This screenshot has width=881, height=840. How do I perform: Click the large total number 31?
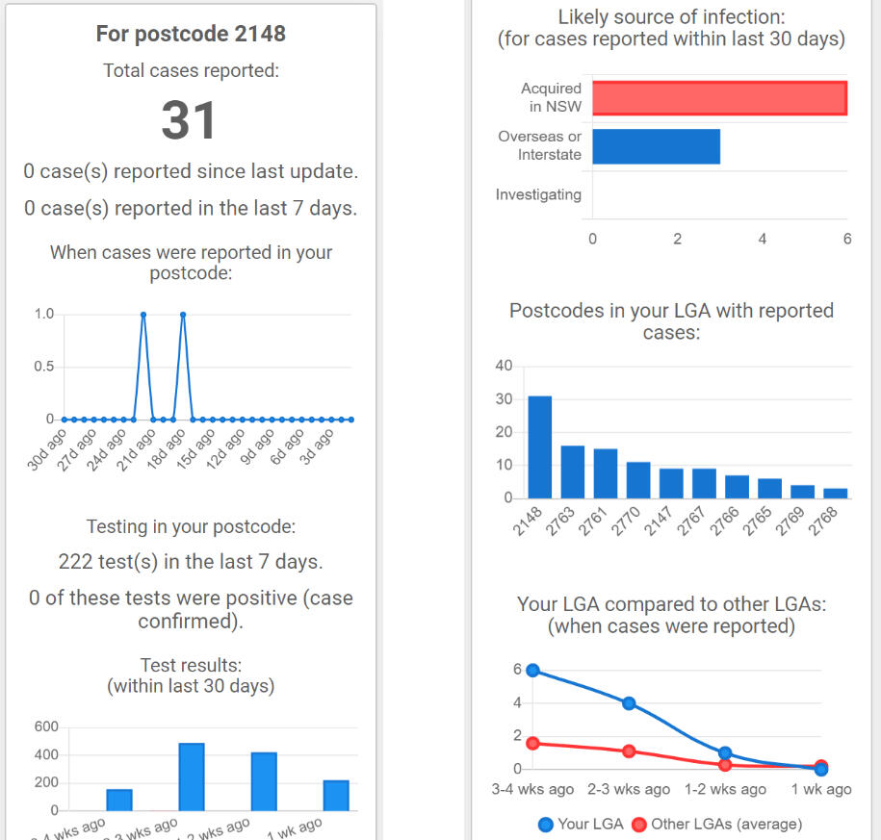pyautogui.click(x=190, y=121)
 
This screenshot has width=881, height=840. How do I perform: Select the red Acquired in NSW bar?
pyautogui.click(x=719, y=98)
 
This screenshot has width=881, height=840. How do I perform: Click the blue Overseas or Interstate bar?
pyautogui.click(x=656, y=146)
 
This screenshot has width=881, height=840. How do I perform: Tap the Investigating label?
pyautogui.click(x=538, y=194)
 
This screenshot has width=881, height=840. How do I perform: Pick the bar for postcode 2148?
pyautogui.click(x=540, y=447)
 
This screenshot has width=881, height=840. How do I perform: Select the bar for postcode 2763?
pyautogui.click(x=573, y=471)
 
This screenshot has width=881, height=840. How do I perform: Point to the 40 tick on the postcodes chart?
pyautogui.click(x=503, y=366)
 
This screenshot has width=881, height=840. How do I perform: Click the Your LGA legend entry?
pyautogui.click(x=576, y=824)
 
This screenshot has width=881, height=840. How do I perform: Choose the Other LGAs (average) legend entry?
pyautogui.click(x=716, y=824)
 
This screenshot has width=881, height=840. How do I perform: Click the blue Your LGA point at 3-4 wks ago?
pyautogui.click(x=532, y=671)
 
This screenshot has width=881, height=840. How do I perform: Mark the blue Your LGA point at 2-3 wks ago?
pyautogui.click(x=629, y=703)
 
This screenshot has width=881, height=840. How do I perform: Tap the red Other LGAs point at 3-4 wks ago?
pyautogui.click(x=532, y=743)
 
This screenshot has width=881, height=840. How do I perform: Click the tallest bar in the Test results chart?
pyautogui.click(x=192, y=776)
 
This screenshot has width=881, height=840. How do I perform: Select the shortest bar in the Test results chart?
pyautogui.click(x=119, y=800)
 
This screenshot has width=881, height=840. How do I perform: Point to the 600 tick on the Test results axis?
pyautogui.click(x=46, y=727)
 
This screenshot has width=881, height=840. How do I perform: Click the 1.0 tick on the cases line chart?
pyautogui.click(x=43, y=314)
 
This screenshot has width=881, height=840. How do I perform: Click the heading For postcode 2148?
pyautogui.click(x=191, y=34)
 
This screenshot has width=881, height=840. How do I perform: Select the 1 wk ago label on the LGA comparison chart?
pyautogui.click(x=819, y=789)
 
